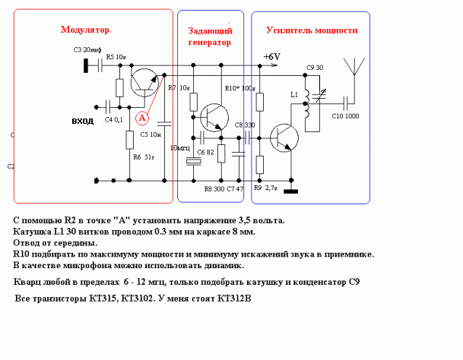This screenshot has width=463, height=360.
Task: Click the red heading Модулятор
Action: click(85, 30)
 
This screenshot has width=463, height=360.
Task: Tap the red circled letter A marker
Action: click(141, 118)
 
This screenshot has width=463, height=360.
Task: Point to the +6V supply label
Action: click(272, 56)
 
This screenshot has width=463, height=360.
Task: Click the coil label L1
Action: click(295, 96)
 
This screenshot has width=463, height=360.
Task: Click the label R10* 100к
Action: click(239, 88)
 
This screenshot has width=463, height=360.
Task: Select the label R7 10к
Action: click(179, 88)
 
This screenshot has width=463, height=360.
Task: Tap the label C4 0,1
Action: click(114, 120)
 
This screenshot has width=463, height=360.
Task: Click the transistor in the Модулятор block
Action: click(143, 81)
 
